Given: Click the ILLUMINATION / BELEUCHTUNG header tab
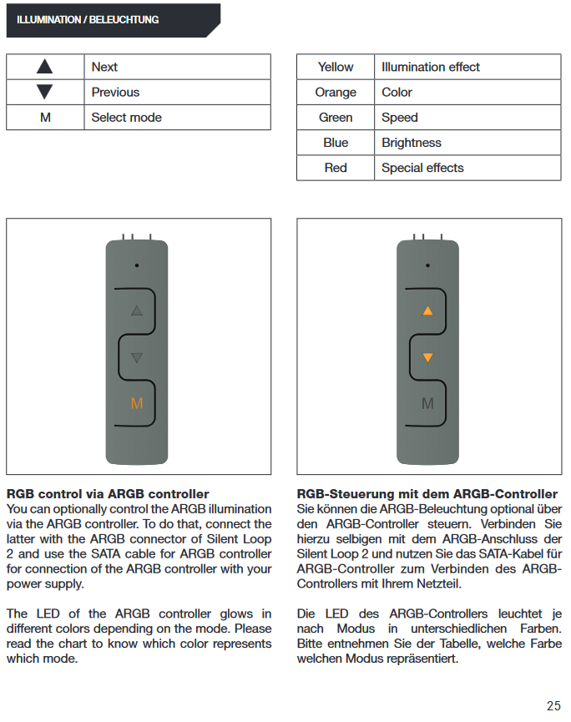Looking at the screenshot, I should click(88, 19).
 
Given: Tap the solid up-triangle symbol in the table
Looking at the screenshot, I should click(45, 67).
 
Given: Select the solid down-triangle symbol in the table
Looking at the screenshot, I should click(45, 92).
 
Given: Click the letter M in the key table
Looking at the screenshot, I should click(45, 118).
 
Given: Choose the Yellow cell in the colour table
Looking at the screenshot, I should click(336, 67).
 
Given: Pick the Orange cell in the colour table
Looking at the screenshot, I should click(336, 92).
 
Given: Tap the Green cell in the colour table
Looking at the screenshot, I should click(336, 118).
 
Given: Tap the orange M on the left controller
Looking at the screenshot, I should click(137, 404).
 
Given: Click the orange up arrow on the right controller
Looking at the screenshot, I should click(427, 311).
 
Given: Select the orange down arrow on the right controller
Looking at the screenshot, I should click(427, 358).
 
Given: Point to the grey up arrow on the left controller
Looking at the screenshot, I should click(137, 311).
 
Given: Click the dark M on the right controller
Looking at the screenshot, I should click(427, 404).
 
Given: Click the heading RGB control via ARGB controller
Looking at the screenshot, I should click(107, 494).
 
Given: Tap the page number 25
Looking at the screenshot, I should click(553, 705).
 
